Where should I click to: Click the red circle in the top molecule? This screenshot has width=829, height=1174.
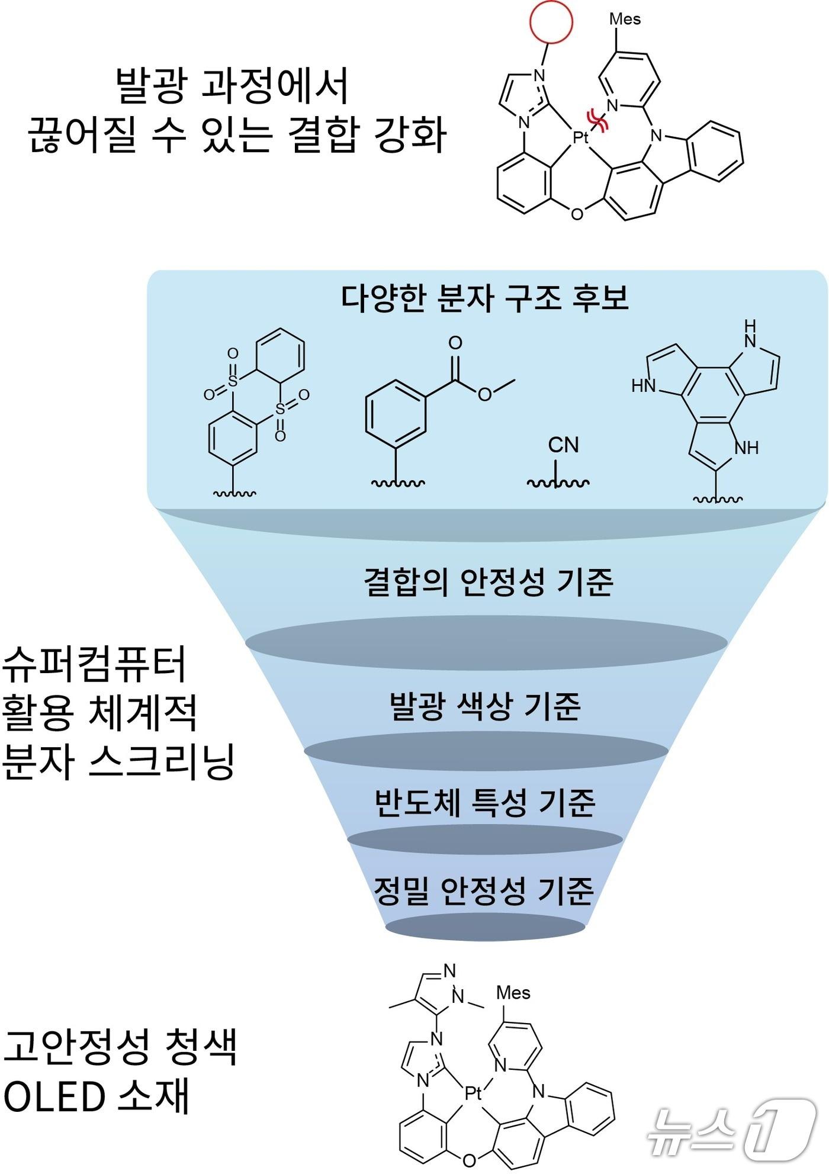[551, 22]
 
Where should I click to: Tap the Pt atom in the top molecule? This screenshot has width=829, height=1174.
[581, 138]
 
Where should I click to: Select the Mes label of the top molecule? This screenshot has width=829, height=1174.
[625, 20]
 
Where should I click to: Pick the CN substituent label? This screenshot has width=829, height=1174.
[563, 445]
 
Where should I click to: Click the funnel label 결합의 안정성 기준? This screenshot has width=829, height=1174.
[488, 582]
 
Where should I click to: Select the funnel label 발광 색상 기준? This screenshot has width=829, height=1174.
[485, 706]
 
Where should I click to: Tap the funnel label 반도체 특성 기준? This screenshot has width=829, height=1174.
[485, 803]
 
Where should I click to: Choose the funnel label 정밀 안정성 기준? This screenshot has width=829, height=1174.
[483, 890]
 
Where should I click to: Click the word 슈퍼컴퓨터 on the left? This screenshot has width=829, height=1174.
[95, 664]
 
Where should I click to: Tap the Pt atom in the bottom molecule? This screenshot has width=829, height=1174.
[473, 1093]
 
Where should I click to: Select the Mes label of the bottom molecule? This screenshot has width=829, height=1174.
[513, 992]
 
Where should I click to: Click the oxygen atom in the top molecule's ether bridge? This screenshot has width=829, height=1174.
[577, 214]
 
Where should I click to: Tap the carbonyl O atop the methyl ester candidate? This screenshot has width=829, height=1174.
[455, 343]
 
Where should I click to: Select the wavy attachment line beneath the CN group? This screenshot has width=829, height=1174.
[558, 483]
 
